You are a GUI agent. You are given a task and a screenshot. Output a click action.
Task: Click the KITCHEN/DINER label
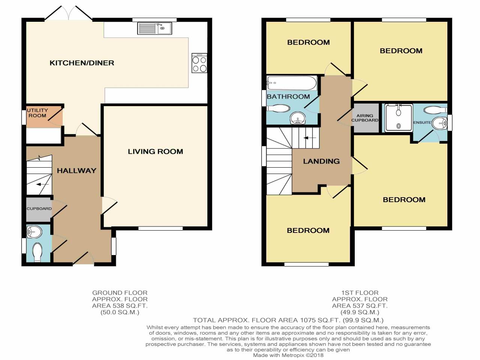tap(82, 63)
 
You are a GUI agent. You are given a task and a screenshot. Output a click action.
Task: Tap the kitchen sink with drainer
tap(154, 28)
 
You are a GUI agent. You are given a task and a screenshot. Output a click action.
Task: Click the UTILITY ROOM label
tap(37, 113)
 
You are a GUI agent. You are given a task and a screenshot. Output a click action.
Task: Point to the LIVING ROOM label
tap(155, 151)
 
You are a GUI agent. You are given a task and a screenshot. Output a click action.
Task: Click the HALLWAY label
tap(76, 171)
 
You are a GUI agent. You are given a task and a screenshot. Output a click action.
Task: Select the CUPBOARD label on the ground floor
tap(39, 208)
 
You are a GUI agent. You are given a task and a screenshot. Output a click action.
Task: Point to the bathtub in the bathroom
tap(292, 83)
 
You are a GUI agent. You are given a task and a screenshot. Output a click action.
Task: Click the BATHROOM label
tap(288, 96)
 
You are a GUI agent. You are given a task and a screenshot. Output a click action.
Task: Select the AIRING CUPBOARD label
tap(365, 118)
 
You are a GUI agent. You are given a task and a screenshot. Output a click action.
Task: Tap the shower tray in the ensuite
tap(398, 117)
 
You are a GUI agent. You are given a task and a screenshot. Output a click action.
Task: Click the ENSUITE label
tap(422, 122)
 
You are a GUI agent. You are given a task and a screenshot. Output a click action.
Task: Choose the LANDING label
tap(321, 161)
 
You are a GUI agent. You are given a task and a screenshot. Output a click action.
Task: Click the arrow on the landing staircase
tap(310, 138)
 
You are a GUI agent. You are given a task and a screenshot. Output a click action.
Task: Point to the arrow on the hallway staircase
tap(42, 184)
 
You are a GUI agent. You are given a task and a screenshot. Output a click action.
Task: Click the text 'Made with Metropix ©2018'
tap(288, 355)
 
